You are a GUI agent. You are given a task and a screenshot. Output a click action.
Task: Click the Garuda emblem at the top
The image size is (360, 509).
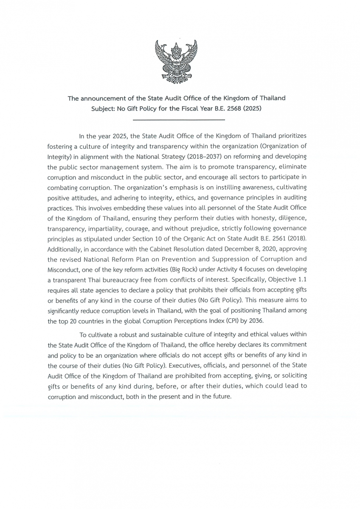(x=176, y=61)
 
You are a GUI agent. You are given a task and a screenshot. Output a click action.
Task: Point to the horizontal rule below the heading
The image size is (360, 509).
(x=177, y=120)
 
